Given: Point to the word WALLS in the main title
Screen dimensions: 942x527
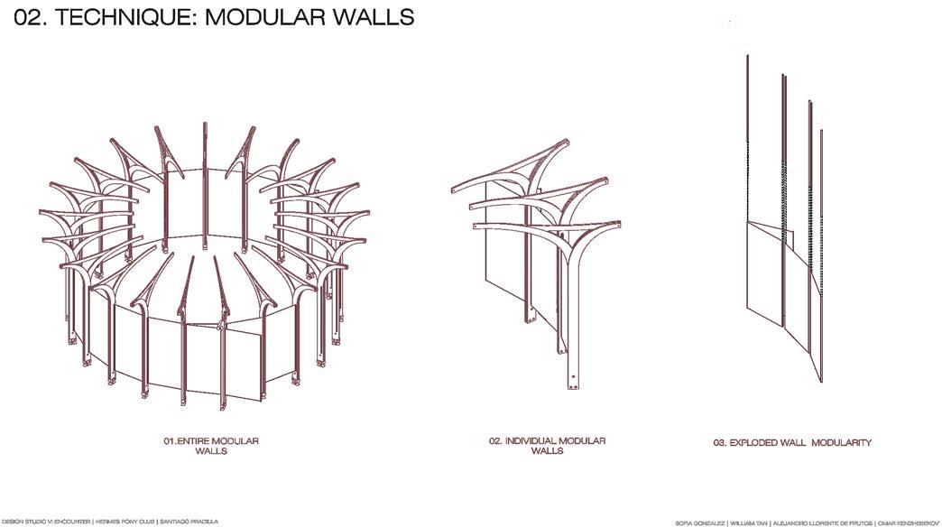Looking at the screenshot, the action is tap(375, 17).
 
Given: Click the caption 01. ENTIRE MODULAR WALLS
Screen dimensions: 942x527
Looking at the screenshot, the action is tap(211, 446).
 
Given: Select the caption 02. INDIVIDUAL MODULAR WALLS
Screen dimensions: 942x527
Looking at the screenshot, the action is tap(547, 446).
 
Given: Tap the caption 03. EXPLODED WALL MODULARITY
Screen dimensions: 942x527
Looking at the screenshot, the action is tap(792, 442).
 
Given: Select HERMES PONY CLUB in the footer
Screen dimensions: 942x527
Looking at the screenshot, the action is tap(126, 522).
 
